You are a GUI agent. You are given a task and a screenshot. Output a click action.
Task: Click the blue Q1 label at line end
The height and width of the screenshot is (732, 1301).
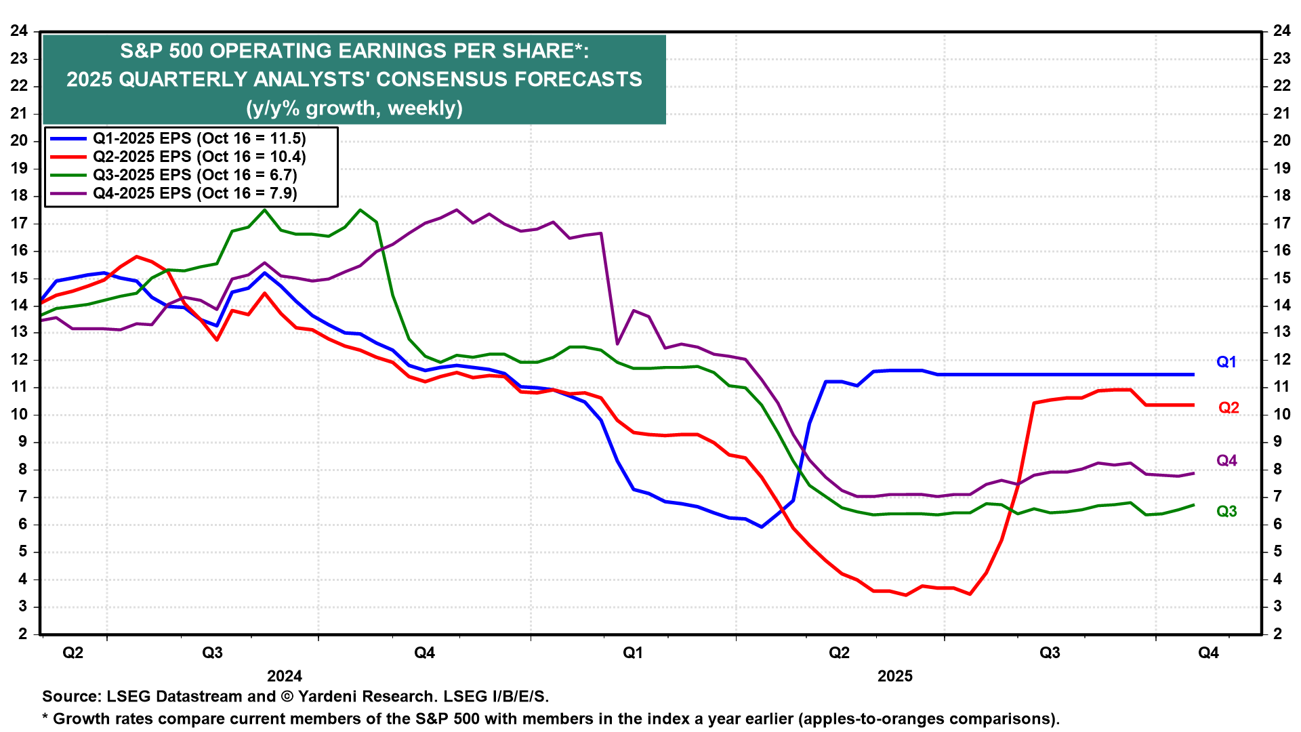click(x=1226, y=362)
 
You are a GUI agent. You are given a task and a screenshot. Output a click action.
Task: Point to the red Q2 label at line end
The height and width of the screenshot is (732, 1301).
click(x=1228, y=407)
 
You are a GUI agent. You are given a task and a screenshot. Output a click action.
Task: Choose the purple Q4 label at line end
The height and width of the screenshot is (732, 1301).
click(x=1226, y=461)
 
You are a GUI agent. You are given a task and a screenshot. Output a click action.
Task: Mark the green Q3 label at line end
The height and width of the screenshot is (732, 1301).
click(x=1226, y=512)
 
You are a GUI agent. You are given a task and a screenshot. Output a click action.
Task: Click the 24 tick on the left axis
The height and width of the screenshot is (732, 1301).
click(x=19, y=31)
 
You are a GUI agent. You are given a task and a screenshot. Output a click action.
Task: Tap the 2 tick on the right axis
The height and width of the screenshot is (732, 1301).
click(x=1277, y=634)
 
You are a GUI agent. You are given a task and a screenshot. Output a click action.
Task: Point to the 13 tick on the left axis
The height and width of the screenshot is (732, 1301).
click(x=19, y=333)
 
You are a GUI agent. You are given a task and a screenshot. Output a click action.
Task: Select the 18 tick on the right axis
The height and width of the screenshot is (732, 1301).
click(x=1281, y=196)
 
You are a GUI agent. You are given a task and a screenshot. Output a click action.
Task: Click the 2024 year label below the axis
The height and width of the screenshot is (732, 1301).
click(x=285, y=676)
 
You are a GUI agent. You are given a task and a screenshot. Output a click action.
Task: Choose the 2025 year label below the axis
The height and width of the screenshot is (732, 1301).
click(x=895, y=676)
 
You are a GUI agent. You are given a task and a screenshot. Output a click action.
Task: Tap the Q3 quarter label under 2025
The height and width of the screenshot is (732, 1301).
click(x=1050, y=653)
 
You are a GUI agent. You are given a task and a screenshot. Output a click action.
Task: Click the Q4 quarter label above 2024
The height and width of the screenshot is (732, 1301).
click(x=424, y=653)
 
